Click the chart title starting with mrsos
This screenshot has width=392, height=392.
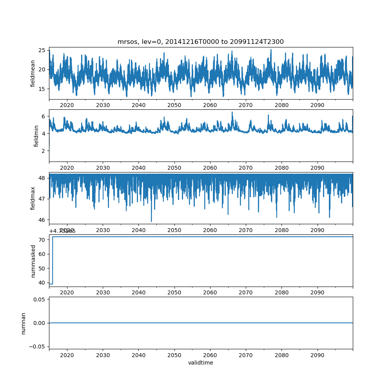[x=200, y=42]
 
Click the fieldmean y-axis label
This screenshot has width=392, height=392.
[x=33, y=73]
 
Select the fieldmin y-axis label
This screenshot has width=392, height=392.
[x=36, y=136]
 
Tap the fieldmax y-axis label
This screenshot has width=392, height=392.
[x=33, y=198]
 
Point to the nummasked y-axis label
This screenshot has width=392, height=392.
[x=33, y=261]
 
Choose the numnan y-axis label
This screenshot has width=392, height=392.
[x=23, y=323]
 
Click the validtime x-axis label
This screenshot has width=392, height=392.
[x=200, y=363]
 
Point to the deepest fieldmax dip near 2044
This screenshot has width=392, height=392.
[x=151, y=221]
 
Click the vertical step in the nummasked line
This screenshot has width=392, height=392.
[x=53, y=260]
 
